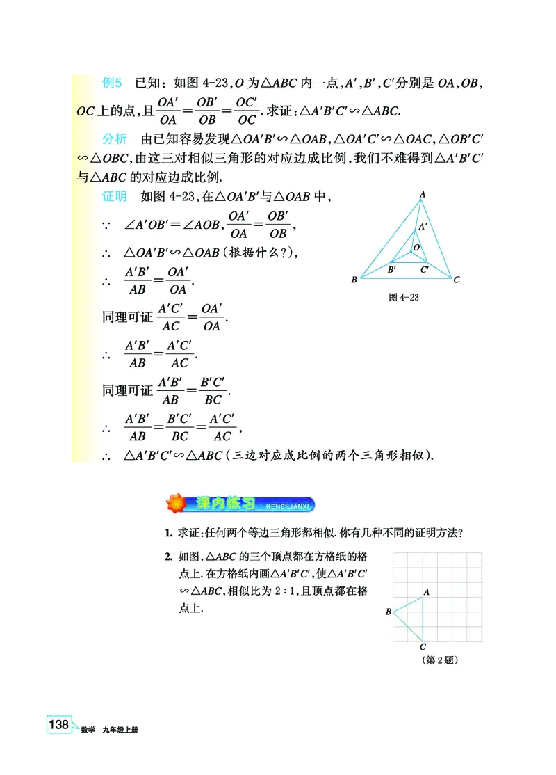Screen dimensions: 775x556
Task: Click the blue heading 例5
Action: coord(112,83)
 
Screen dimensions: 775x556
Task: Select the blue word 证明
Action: coord(115,196)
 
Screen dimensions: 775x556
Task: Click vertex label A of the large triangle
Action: coord(423,194)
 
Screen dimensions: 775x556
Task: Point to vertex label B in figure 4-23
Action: coord(354,280)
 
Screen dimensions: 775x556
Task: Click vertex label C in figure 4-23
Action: coord(457,280)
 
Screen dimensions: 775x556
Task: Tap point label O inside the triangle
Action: coord(416,247)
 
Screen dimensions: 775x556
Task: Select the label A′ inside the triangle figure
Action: coord(423,226)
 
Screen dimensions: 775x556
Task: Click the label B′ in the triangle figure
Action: coord(392,269)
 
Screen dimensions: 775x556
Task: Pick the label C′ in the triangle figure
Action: coord(425,269)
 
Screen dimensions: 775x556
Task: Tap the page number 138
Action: coord(58,725)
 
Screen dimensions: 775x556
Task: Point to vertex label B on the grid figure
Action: coord(388,612)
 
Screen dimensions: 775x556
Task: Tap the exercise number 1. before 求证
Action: coord(168,534)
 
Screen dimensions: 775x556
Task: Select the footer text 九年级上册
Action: coord(120,730)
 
